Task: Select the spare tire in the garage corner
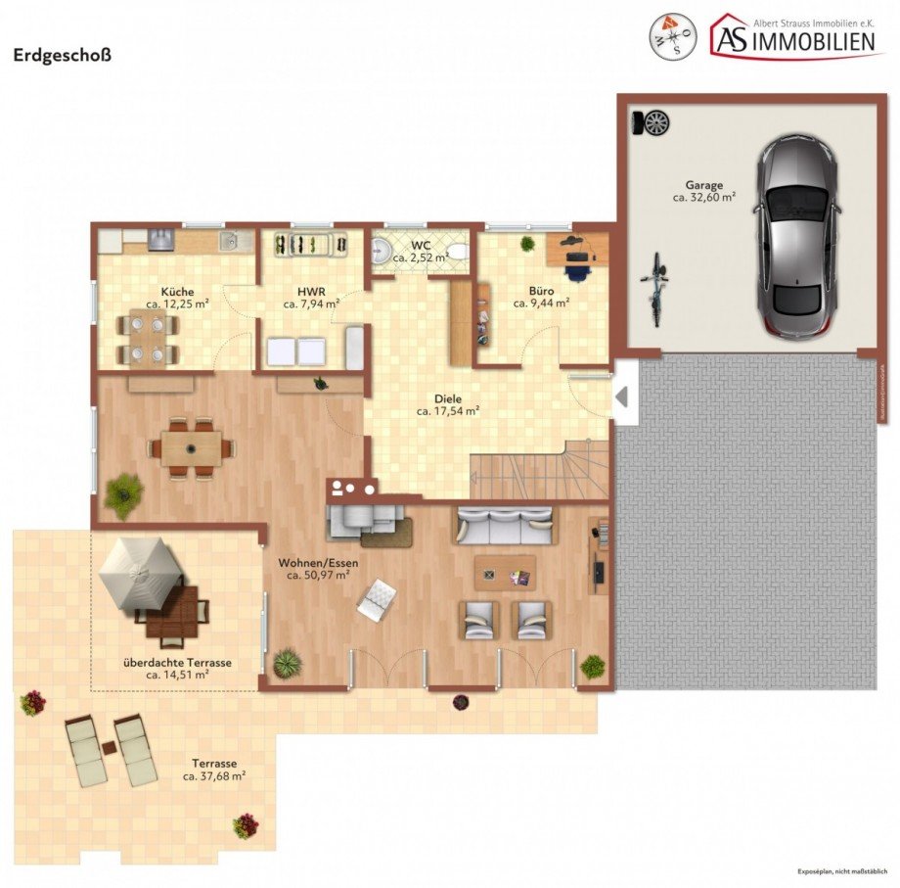(654, 123)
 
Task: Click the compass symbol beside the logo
(673, 37)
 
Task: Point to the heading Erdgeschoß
(62, 55)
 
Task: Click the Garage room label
(703, 184)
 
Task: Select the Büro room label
(541, 291)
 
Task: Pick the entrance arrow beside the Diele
(621, 396)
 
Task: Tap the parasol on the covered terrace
(140, 574)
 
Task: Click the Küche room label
(177, 291)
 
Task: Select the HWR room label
(310, 291)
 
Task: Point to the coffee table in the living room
(505, 573)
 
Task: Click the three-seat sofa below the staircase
(503, 526)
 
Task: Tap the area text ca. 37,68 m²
(214, 775)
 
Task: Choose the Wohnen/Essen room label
(319, 563)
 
